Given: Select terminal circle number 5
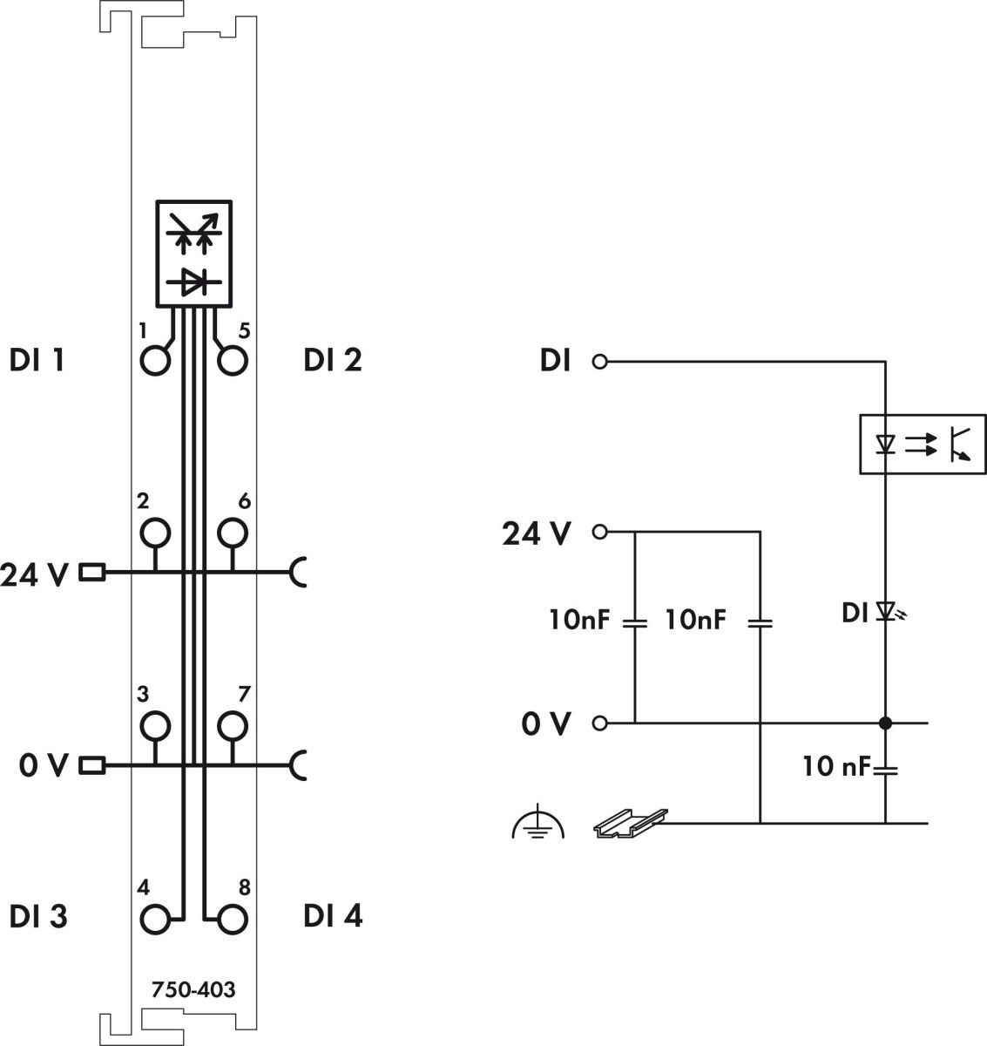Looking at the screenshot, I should pyautogui.click(x=233, y=360).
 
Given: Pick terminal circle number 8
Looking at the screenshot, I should pyautogui.click(x=233, y=919).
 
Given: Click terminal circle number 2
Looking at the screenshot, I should pyautogui.click(x=154, y=532).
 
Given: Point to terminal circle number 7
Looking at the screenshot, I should pyautogui.click(x=233, y=724).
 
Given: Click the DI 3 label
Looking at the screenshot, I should pyautogui.click(x=38, y=917).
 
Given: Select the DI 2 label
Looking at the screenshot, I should pyautogui.click(x=333, y=360).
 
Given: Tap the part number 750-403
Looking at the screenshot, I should pyautogui.click(x=193, y=991).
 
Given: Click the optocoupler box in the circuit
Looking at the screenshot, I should pyautogui.click(x=923, y=444).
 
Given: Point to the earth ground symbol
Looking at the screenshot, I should pyautogui.click(x=537, y=825).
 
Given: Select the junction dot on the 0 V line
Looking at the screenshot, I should pyautogui.click(x=885, y=723).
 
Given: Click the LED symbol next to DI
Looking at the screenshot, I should pyautogui.click(x=887, y=612).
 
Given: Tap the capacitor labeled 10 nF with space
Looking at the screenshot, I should pyautogui.click(x=885, y=770).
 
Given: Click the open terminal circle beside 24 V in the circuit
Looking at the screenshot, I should pyautogui.click(x=598, y=531).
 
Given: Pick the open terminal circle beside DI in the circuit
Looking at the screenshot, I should pyautogui.click(x=598, y=361).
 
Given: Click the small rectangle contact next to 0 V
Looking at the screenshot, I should pyautogui.click(x=92, y=766).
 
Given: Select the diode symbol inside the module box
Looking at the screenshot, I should pyautogui.click(x=194, y=281).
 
